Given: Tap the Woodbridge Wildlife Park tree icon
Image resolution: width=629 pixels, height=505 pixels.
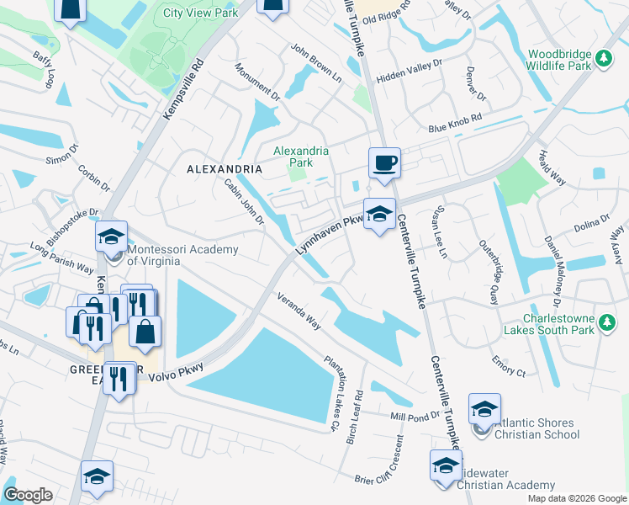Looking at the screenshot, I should tap(602, 58).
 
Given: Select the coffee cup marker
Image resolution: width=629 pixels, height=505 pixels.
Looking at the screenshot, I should tap(384, 162).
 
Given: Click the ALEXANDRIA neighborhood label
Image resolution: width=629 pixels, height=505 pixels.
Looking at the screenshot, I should tap(224, 169).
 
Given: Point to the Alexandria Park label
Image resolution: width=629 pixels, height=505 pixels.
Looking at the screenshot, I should tap(301, 157).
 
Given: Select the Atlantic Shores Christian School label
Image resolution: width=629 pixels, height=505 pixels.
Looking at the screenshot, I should tap(536, 428).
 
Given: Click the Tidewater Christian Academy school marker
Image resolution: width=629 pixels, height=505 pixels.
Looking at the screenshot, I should tap(446, 465).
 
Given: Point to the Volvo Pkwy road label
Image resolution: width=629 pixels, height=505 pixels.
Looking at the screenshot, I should tap(177, 371).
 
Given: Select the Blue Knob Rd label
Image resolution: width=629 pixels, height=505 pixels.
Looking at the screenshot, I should tap(455, 124).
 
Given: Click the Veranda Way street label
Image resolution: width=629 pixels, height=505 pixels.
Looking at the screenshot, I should tap(299, 311).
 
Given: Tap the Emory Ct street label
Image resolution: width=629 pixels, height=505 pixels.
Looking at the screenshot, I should tap(509, 368).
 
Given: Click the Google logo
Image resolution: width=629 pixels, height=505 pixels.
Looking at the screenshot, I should tap(28, 495).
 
